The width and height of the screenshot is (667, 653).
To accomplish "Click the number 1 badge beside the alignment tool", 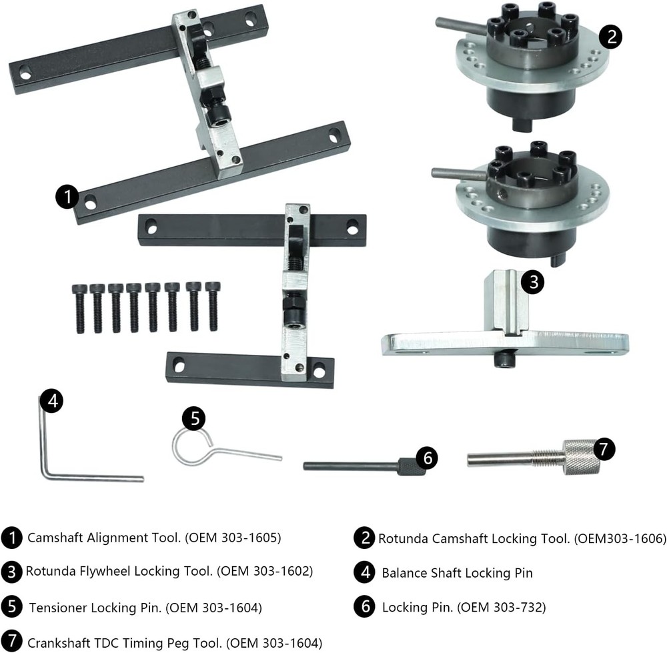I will pos(67,197).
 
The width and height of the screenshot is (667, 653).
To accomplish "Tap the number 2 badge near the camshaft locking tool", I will pos(610,36).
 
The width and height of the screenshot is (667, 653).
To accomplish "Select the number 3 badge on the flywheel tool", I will pos(532,282).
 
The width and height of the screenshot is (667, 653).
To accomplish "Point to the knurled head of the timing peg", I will pos(581,458).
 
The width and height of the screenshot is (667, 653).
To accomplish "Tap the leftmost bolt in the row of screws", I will pos(79,306).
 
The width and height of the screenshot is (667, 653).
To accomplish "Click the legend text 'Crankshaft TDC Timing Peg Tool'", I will pos(124,642).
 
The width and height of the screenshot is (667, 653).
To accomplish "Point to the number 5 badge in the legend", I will pos(11,608).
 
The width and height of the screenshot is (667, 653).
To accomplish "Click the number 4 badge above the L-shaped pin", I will pos(51,401).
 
